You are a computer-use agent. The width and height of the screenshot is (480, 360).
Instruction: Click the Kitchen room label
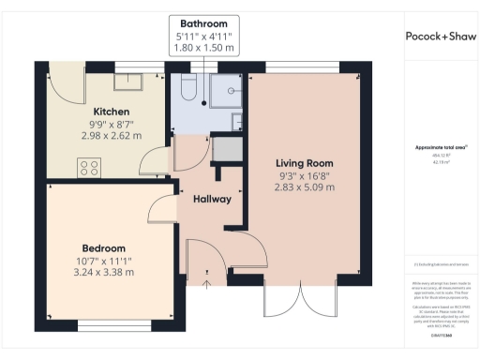pyautogui.click(x=111, y=110)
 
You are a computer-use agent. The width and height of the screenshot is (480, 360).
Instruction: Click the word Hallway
pyautogui.click(x=212, y=200)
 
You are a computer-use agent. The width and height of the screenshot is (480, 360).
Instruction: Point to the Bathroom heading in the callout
pyautogui.click(x=203, y=22)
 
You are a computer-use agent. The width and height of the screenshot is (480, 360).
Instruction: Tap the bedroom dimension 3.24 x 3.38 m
pyautogui.click(x=105, y=273)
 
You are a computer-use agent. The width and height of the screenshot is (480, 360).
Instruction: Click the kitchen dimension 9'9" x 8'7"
pyautogui.click(x=111, y=123)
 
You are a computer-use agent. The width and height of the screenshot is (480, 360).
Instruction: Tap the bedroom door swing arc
pyautogui.click(x=160, y=208)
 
